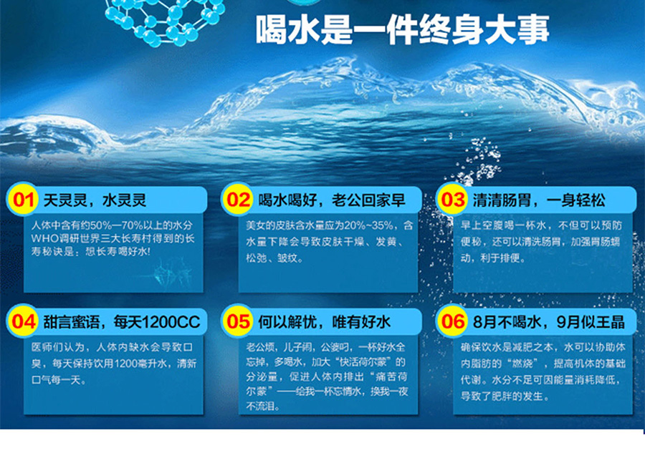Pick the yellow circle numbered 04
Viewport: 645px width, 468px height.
tap(23, 321)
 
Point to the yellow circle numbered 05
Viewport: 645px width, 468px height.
tap(238, 321)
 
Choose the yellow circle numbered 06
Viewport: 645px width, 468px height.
tap(452, 321)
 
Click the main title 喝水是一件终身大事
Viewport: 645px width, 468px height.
tap(402, 30)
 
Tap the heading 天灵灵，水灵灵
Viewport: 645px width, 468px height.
tap(95, 200)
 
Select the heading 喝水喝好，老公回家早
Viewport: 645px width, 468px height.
tap(332, 200)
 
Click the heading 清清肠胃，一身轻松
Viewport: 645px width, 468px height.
tap(539, 200)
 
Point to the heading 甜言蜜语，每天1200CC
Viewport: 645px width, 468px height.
tap(122, 322)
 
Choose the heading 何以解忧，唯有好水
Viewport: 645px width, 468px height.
tap(324, 322)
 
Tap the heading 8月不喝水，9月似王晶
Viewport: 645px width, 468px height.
tap(549, 322)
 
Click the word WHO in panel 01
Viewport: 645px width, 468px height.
tap(42, 238)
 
